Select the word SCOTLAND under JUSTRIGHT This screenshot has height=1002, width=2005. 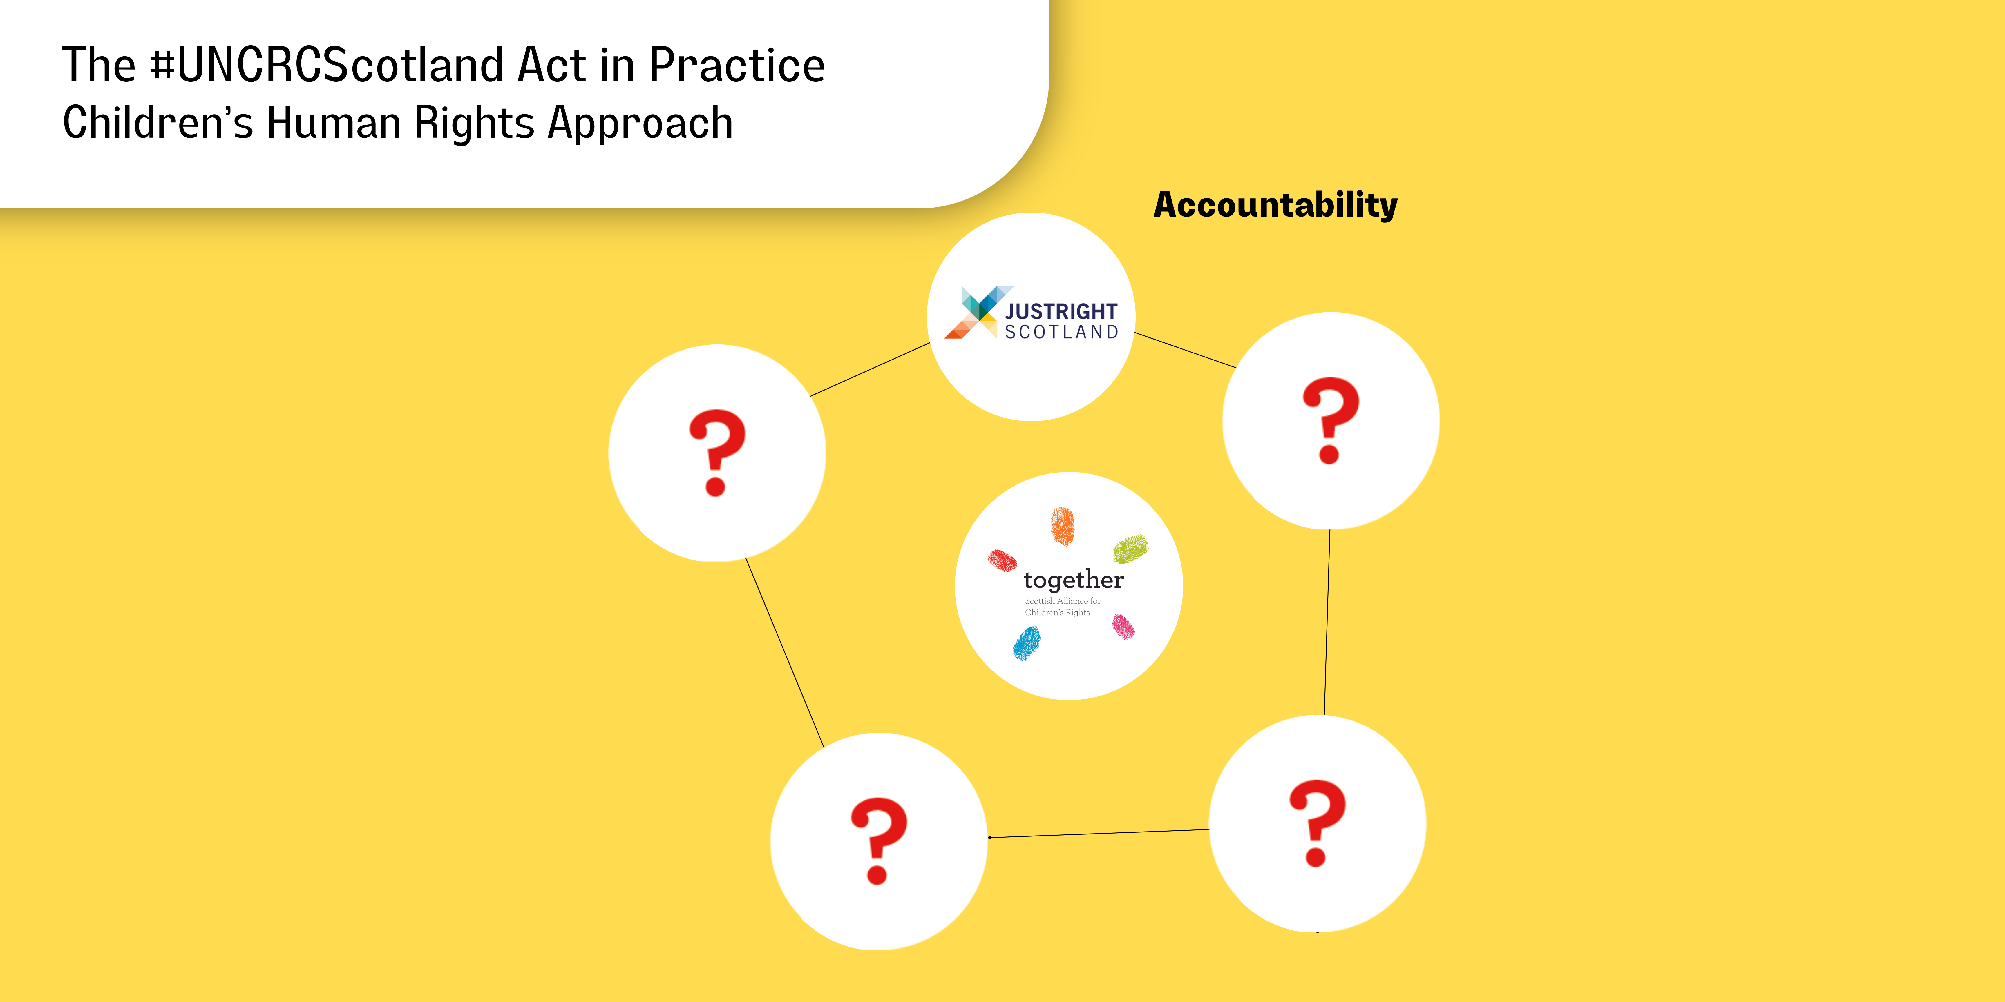[x=1062, y=332]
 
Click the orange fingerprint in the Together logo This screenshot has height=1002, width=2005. [x=1063, y=526]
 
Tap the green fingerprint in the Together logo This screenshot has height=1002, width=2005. [x=1130, y=549]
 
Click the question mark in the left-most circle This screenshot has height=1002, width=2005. [x=717, y=453]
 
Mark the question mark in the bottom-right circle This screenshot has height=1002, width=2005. [x=1318, y=823]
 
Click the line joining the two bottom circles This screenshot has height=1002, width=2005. [x=1098, y=833]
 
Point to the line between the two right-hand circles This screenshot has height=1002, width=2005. [x=1327, y=622]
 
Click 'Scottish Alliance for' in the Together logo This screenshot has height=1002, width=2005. [x=1063, y=600]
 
